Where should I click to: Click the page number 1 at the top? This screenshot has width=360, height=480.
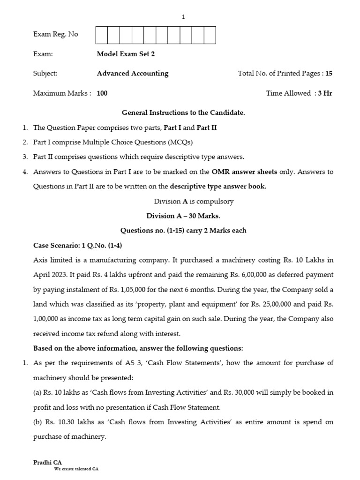point(183,17)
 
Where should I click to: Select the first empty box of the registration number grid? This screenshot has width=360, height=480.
point(102,35)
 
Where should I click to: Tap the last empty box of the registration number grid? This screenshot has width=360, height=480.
point(210,35)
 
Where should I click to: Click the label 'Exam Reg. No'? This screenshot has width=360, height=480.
point(56,34)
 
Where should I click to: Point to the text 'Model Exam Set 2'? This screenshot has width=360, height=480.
point(126,54)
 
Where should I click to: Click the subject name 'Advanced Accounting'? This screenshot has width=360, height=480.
point(132,74)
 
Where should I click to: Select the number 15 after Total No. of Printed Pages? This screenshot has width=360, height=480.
point(329,74)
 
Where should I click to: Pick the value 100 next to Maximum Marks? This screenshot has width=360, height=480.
point(102,93)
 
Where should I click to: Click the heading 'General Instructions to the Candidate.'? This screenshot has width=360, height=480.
point(183,112)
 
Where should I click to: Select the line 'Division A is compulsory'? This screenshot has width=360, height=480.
point(194,201)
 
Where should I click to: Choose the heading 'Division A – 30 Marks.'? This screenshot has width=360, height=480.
point(183,216)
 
